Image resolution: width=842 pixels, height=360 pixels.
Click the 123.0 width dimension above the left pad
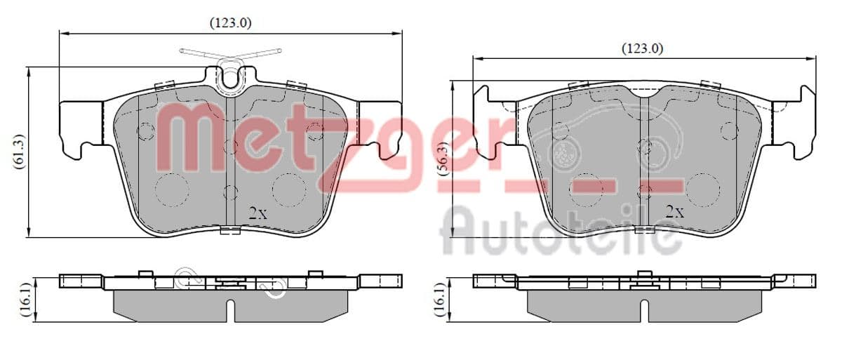(230, 23)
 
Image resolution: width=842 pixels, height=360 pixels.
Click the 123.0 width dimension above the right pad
(643, 48)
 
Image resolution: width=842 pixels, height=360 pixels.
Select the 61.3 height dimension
(19, 151)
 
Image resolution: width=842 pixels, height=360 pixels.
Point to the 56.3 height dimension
(444, 159)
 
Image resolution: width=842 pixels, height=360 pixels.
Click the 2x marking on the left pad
(258, 214)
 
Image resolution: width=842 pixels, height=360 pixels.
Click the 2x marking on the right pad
(675, 213)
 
